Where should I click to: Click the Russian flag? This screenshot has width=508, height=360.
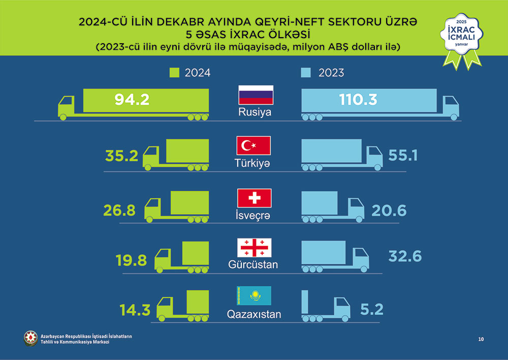click(x=256, y=95)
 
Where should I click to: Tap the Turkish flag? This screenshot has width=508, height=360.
click(x=253, y=146)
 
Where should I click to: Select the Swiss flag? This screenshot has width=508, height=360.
click(x=254, y=198)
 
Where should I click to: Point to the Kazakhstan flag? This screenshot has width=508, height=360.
click(x=254, y=296)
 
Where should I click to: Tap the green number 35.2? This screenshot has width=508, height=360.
click(x=122, y=155)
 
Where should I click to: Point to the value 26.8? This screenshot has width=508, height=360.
click(x=119, y=210)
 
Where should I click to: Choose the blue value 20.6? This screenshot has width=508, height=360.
click(x=389, y=210)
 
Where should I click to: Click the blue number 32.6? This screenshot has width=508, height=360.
click(x=405, y=256)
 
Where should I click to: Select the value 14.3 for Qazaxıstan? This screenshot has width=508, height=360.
click(x=135, y=310)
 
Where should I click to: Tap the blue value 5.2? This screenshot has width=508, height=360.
click(x=371, y=309)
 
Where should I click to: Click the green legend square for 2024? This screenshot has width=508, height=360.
click(x=174, y=73)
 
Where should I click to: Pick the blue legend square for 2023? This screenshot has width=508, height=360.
click(x=305, y=73)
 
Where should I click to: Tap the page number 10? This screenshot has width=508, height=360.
click(x=481, y=339)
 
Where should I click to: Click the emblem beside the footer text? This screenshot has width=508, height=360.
click(x=31, y=338)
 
